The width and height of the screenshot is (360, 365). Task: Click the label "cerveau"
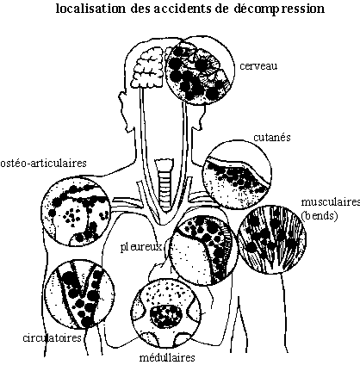point(258,66)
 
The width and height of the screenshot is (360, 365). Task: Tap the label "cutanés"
point(272,137)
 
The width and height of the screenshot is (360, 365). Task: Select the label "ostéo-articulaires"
point(43,163)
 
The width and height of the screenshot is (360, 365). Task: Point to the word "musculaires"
point(331,202)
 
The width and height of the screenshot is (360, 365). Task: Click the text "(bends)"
point(320,215)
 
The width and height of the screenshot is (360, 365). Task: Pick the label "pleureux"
point(141,247)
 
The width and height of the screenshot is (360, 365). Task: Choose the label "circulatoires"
point(52,337)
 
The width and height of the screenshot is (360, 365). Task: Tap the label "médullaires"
point(167,358)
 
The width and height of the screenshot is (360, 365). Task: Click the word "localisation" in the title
point(90,9)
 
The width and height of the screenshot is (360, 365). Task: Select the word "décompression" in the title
point(279,9)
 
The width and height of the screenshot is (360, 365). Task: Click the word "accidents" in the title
point(183,9)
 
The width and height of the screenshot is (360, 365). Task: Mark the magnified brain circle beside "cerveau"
point(200,71)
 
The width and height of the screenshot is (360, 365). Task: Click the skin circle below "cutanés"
point(237,174)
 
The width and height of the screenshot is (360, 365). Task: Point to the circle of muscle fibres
point(272,239)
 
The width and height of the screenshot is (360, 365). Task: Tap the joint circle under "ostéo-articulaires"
point(76,211)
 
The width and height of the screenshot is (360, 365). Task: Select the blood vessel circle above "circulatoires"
point(81,294)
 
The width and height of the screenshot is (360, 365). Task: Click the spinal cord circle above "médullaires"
point(166,313)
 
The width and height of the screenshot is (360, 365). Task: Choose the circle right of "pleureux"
point(203,251)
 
